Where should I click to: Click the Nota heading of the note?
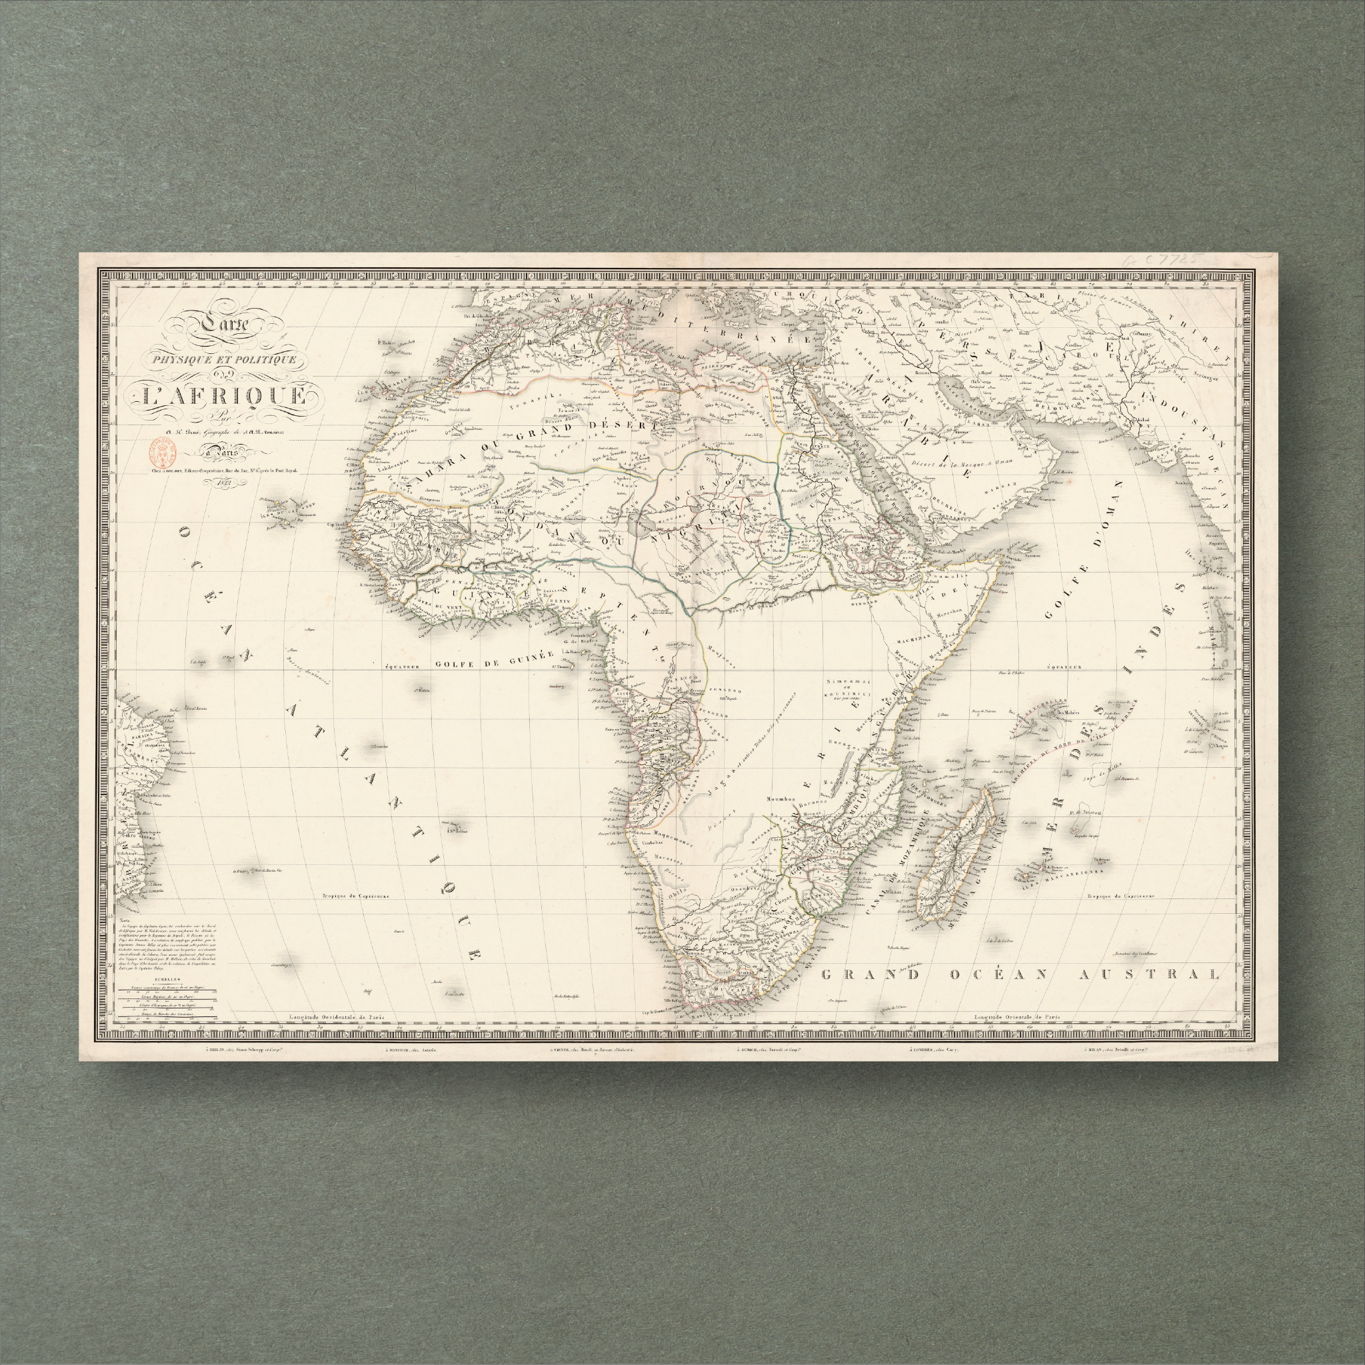tap(126, 920)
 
